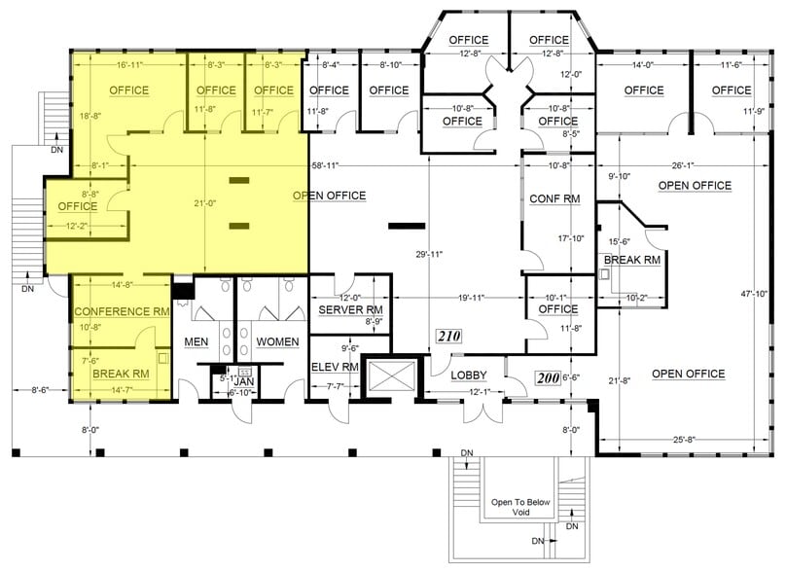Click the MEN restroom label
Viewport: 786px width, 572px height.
click(x=196, y=341)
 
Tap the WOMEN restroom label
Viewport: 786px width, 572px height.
click(x=277, y=341)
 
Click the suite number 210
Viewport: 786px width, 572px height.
click(x=447, y=337)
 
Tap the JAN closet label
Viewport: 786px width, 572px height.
click(x=246, y=382)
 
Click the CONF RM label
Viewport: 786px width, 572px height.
click(x=554, y=198)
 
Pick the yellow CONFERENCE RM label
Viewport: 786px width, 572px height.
click(x=122, y=311)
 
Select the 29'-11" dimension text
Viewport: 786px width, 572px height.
click(x=429, y=254)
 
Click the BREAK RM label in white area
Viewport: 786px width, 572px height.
click(x=632, y=261)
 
